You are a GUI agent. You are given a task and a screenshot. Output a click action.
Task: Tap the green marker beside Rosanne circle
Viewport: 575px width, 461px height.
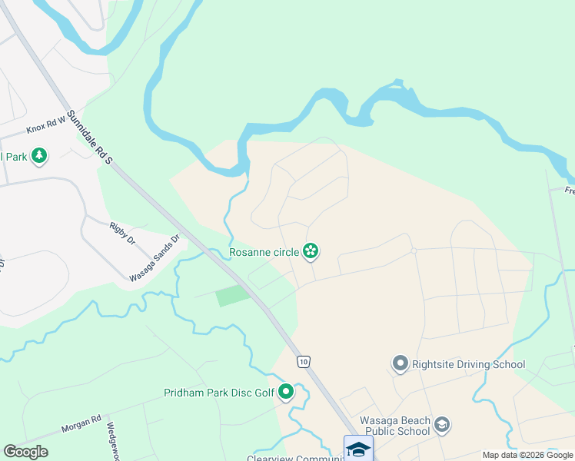pos(311,250)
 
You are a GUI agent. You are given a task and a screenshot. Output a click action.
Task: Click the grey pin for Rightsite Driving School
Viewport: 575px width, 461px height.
pos(400,363)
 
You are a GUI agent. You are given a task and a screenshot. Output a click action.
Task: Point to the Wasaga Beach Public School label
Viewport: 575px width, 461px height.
pos(394,426)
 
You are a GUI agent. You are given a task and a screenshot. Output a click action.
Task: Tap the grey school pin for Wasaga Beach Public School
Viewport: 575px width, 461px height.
pos(441,424)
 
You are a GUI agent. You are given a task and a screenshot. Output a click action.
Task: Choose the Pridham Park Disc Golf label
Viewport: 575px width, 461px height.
pos(219,393)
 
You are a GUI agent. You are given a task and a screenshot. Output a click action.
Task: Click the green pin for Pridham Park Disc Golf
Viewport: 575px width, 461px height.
pos(286,393)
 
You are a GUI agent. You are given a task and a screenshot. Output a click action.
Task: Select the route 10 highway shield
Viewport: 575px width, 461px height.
pos(304,360)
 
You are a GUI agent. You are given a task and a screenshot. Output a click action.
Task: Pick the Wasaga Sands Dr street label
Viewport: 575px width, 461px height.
pos(155,257)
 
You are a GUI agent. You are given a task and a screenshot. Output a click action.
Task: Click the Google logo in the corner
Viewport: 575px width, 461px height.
pos(25,452)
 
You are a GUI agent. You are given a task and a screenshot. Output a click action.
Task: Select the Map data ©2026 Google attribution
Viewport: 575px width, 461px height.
pos(527,455)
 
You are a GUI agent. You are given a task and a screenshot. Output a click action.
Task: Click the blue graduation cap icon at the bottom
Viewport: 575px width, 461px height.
pos(358,449)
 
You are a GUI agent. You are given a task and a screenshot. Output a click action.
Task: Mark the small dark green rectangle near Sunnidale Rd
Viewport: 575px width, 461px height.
pos(233,295)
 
